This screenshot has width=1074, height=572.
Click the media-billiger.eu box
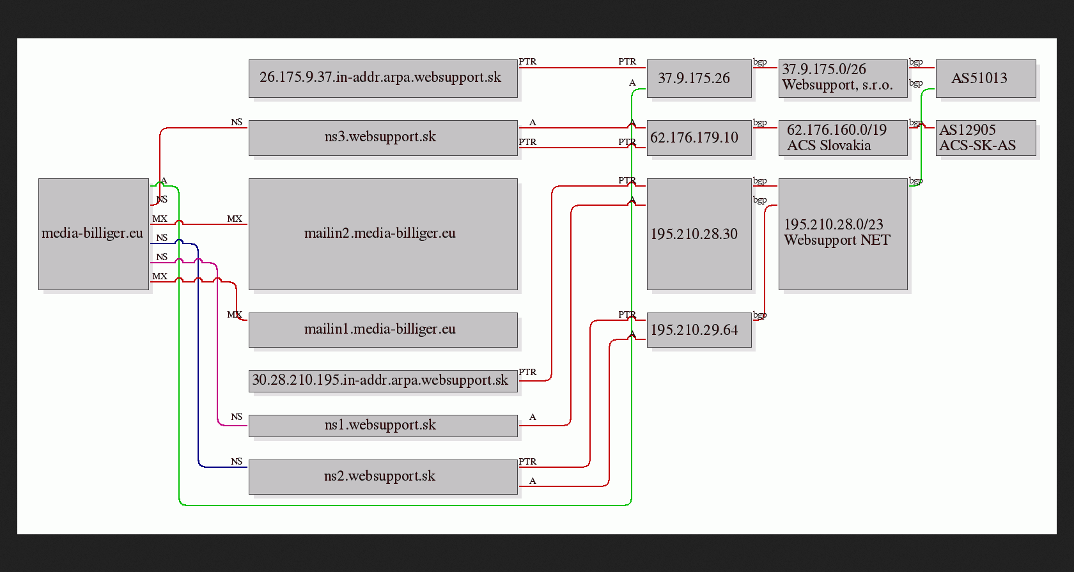pos(93,234)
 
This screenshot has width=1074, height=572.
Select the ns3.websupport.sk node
pos(383,137)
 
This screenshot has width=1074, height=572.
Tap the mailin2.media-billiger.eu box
pos(383,234)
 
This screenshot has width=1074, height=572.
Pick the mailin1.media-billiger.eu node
pos(383,330)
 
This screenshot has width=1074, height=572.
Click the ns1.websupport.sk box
pos(383,426)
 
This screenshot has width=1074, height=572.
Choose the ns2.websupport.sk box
pos(383,477)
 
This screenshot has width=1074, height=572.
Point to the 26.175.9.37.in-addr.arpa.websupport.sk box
pos(383,78)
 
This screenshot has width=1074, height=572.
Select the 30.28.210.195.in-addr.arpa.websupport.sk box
pos(383,381)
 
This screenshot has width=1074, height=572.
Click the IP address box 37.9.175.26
pos(699,78)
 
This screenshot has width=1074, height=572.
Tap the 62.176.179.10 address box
pos(699,137)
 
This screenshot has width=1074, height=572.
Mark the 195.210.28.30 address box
pos(699,234)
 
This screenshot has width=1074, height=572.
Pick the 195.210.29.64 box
pos(699,330)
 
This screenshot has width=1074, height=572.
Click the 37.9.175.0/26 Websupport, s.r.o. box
pos(843,78)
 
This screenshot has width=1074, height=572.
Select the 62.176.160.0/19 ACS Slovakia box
pos(843,137)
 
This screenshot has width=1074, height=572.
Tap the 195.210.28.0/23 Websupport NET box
pos(843,234)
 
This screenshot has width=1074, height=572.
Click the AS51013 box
pos(986,78)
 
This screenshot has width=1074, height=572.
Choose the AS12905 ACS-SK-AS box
pos(986,137)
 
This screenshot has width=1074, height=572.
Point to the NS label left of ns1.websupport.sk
pos(237,417)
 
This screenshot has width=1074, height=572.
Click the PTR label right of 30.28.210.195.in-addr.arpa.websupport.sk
pos(527,372)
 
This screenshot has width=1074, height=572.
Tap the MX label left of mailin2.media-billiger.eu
pos(235,219)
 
